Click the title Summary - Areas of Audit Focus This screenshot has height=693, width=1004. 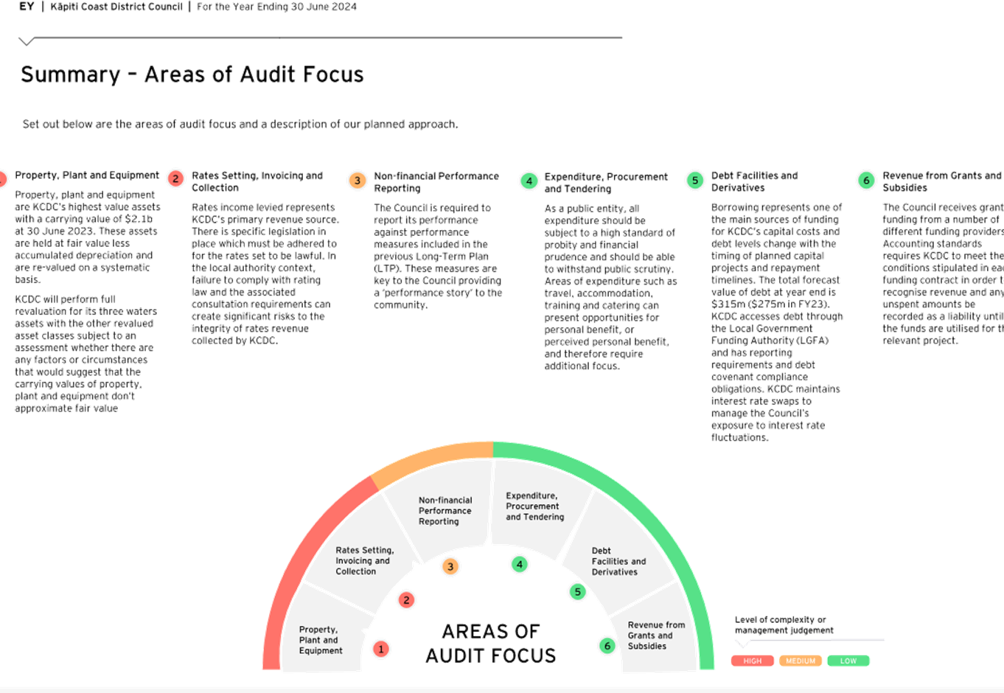tap(192, 74)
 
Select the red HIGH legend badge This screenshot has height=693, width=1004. tap(752, 661)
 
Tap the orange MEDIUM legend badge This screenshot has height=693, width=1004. tap(801, 661)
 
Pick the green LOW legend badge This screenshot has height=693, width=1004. tap(848, 661)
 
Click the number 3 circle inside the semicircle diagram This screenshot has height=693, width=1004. tap(450, 567)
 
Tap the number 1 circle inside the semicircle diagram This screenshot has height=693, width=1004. tap(380, 650)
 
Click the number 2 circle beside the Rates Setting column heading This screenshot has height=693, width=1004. tap(175, 179)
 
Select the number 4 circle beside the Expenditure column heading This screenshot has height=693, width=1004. tap(529, 181)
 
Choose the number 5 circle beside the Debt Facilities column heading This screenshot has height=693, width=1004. tap(694, 180)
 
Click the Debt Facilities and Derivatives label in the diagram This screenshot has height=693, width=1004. tap(618, 561)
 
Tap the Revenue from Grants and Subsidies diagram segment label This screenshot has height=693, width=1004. tap(656, 635)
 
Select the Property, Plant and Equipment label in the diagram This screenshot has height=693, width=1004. tap(321, 640)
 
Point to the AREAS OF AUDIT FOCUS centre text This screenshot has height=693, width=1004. tap(491, 644)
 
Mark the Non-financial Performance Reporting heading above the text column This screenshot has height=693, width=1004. tap(436, 182)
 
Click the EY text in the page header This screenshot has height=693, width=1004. tap(27, 7)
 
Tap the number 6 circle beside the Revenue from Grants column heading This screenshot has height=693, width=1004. tap(866, 180)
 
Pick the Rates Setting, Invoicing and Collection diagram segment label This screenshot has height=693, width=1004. tap(364, 561)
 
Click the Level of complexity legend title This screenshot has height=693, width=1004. tap(784, 624)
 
